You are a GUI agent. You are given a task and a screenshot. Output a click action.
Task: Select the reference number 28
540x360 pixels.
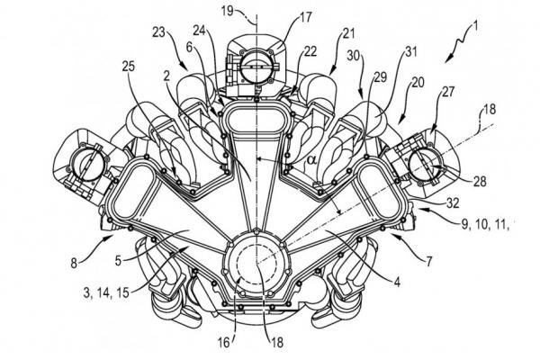479,180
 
